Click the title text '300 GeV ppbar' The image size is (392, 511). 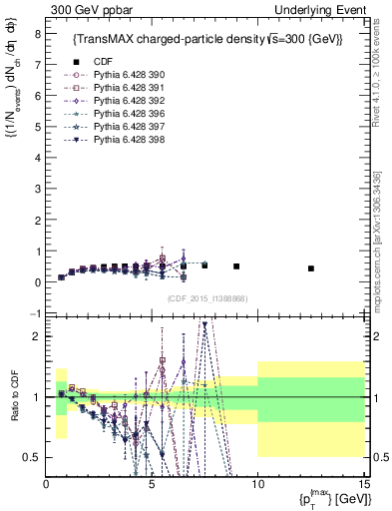[84, 10]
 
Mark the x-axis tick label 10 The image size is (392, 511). [257, 483]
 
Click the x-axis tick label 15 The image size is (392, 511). [363, 483]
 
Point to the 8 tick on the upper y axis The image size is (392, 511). [36, 33]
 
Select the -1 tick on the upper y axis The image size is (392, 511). [34, 313]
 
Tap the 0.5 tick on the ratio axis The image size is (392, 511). [32, 457]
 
